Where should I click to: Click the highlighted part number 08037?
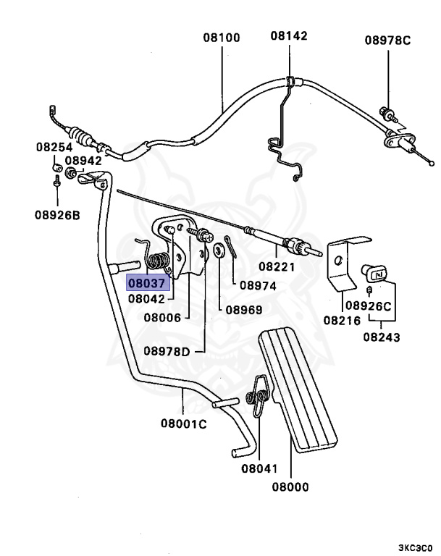(148, 282)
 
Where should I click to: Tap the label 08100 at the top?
(220, 36)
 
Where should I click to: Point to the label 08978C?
(387, 41)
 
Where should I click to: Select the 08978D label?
(167, 351)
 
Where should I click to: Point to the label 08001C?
(183, 424)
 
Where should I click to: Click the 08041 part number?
(260, 468)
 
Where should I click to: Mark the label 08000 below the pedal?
(290, 487)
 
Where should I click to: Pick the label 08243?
(382, 337)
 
